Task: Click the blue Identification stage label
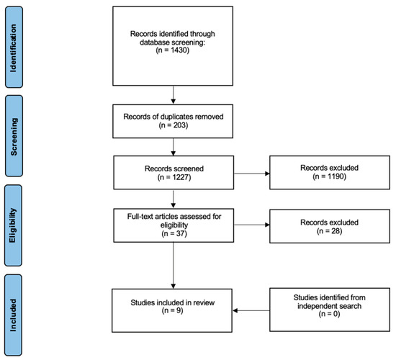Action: tap(14, 48)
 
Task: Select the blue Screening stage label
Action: tap(14, 136)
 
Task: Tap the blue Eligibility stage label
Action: tap(13, 225)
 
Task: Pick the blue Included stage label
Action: tap(13, 315)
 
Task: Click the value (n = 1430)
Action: tap(173, 50)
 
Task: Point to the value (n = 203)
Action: tap(174, 125)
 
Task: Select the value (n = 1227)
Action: tap(174, 177)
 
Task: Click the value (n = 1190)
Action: tap(329, 176)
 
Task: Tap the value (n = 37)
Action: tap(174, 233)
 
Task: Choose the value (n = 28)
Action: tap(329, 231)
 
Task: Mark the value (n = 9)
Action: tap(173, 310)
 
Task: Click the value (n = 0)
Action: tap(329, 314)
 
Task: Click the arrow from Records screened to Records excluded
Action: tap(252, 174)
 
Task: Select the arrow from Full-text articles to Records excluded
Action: tap(252, 225)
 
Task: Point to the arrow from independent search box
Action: tap(251, 310)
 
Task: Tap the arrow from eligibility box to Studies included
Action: tap(174, 266)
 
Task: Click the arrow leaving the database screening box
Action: tap(174, 95)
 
